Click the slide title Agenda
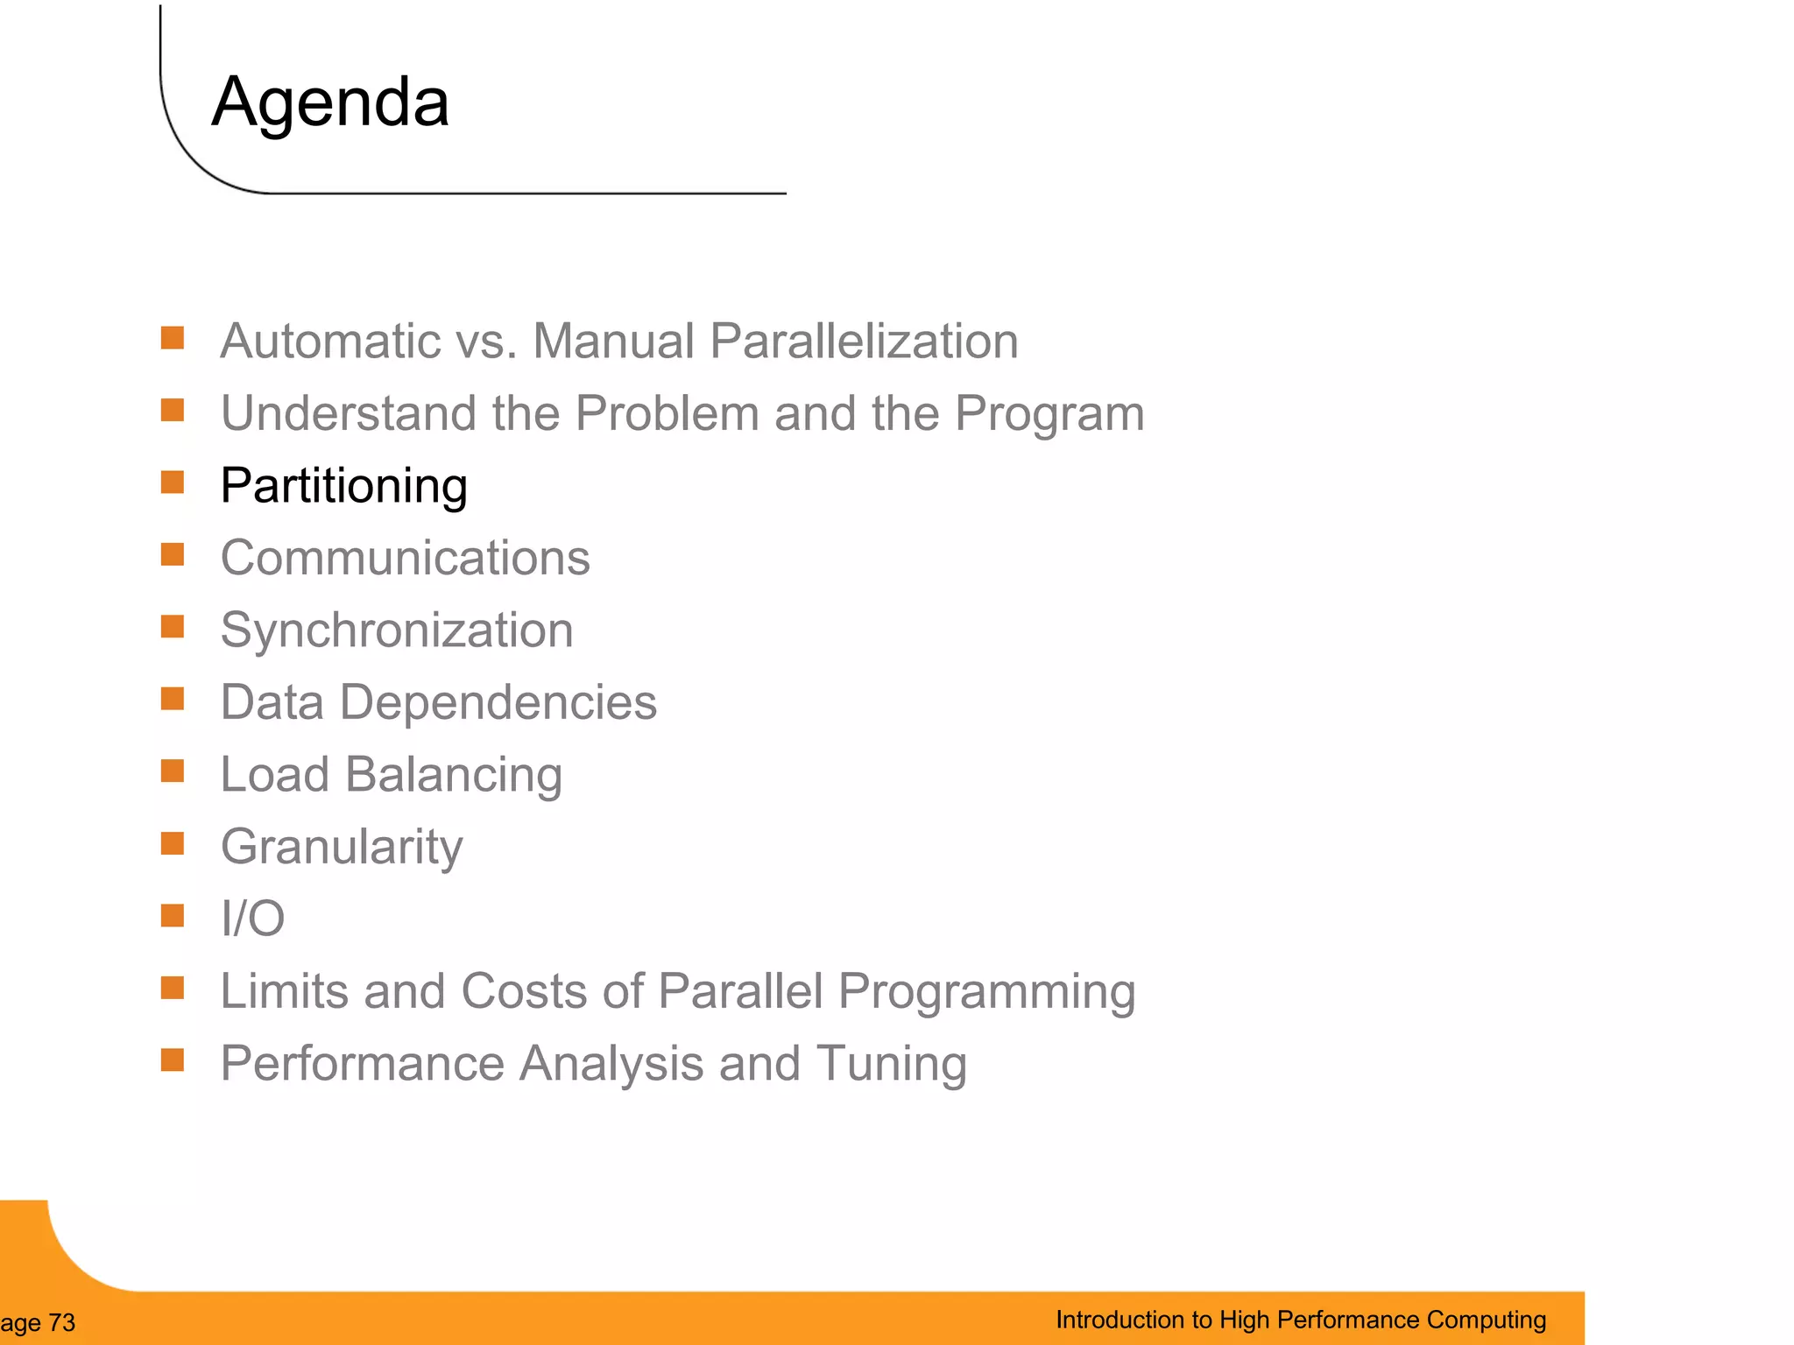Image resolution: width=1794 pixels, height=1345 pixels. (x=330, y=102)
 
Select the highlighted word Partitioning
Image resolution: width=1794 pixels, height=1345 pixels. (x=343, y=486)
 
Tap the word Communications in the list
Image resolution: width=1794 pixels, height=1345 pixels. (x=405, y=558)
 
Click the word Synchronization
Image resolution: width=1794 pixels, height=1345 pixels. (x=397, y=630)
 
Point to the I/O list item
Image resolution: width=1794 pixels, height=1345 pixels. (x=252, y=919)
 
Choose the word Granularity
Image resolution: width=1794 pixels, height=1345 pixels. (x=342, y=847)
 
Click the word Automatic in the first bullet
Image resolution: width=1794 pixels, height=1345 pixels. (x=329, y=341)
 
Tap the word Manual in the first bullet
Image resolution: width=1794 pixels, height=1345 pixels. (x=613, y=341)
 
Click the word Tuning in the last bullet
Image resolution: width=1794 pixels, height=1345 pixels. (x=891, y=1064)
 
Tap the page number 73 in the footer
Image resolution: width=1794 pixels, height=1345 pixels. (x=62, y=1322)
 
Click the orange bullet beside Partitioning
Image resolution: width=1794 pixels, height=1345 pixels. (x=173, y=482)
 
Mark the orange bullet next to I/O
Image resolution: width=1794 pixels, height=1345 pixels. (x=173, y=916)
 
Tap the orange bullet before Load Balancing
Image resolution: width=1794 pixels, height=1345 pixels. (x=173, y=771)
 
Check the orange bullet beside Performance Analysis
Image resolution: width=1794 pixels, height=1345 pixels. (x=173, y=1060)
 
